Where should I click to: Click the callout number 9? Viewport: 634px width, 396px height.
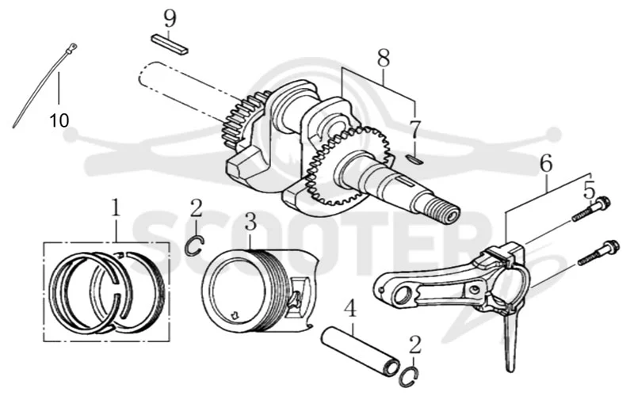click(170, 19)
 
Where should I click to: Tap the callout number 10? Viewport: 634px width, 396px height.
click(59, 120)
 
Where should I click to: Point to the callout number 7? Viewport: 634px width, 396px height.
click(415, 129)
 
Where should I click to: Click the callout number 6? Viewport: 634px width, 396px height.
click(546, 164)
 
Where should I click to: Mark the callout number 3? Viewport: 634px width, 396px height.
click(250, 222)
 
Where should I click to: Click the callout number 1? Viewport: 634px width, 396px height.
click(116, 208)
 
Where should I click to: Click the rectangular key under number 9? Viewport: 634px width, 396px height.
click(170, 44)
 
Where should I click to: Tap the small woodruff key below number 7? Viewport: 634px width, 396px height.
click(414, 160)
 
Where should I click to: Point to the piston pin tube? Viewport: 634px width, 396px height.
click(361, 347)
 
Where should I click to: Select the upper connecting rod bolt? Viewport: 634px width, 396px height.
click(590, 209)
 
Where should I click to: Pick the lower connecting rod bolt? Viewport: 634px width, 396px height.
click(598, 253)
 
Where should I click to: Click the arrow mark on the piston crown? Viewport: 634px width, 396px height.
click(234, 314)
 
